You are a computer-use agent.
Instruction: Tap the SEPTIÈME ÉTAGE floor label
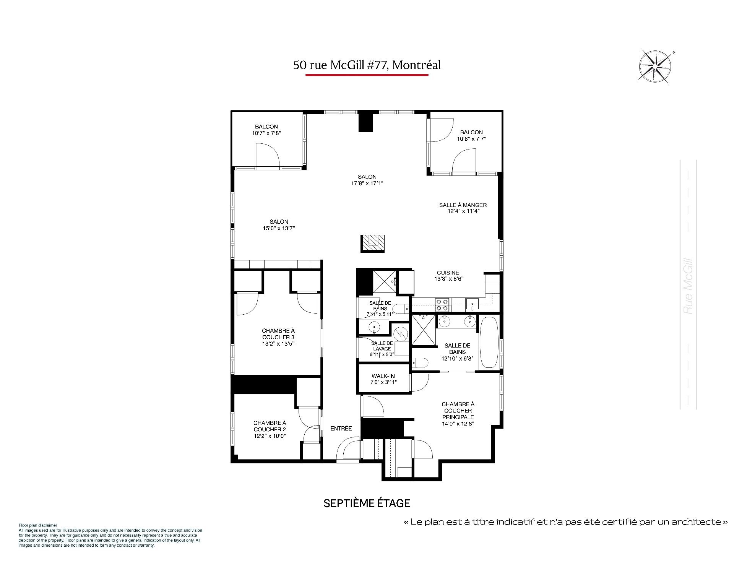pyautogui.click(x=367, y=503)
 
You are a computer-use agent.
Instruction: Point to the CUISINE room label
pyautogui.click(x=448, y=273)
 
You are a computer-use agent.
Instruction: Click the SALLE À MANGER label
pyautogui.click(x=463, y=205)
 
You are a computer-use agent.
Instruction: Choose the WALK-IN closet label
pyautogui.click(x=383, y=376)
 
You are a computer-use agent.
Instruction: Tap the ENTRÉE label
pyautogui.click(x=341, y=429)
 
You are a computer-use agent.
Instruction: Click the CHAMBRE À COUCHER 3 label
pyautogui.click(x=278, y=334)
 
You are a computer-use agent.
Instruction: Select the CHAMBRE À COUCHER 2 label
pyautogui.click(x=270, y=426)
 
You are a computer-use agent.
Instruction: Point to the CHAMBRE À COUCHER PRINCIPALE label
pyautogui.click(x=458, y=410)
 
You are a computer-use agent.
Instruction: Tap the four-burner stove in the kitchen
pyautogui.click(x=443, y=305)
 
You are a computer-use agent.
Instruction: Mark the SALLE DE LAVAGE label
pyautogui.click(x=382, y=346)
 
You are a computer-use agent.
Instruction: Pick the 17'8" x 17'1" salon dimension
pyautogui.click(x=367, y=183)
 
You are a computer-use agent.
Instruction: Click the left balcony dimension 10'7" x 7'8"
pyautogui.click(x=266, y=133)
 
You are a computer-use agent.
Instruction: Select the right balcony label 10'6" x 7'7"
pyautogui.click(x=471, y=139)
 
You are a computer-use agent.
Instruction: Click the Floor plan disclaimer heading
pyautogui.click(x=38, y=526)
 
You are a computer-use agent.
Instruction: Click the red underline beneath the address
pyautogui.click(x=367, y=75)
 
